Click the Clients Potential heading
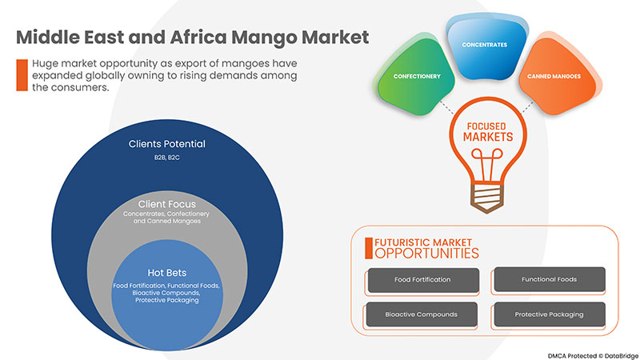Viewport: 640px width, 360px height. pyautogui.click(x=167, y=144)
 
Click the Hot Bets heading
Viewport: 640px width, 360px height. pyautogui.click(x=167, y=272)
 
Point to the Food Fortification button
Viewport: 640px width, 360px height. pyautogui.click(x=422, y=280)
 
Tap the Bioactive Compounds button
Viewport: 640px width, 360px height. pyautogui.click(x=422, y=314)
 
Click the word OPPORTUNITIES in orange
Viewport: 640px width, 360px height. pyautogui.click(x=426, y=253)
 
